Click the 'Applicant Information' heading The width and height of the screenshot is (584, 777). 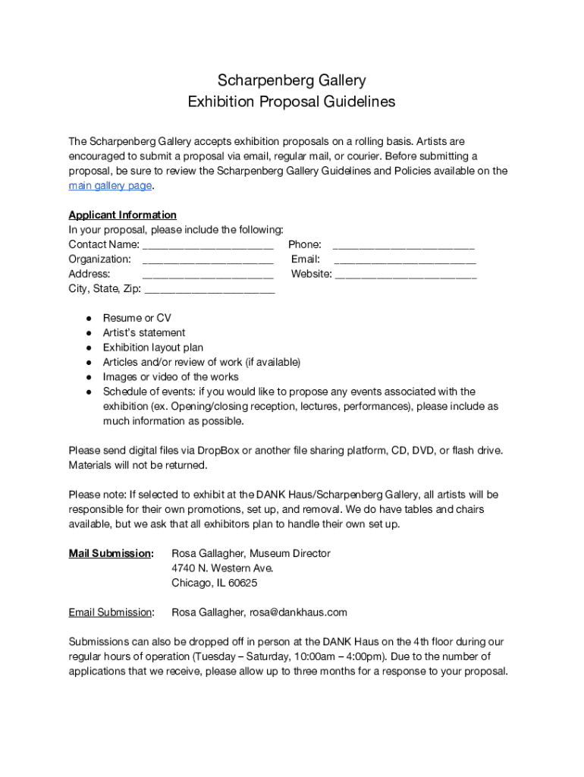pos(122,215)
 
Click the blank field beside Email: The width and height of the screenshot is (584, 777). pos(405,260)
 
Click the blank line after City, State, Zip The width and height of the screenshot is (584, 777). pos(209,290)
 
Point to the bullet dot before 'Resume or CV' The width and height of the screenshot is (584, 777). pos(89,318)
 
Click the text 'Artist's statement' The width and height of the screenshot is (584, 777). pos(144,332)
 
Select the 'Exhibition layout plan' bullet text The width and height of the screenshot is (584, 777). pos(153,348)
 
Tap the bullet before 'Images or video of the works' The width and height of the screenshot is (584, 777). pos(89,377)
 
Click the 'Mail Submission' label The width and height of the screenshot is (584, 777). pos(110,553)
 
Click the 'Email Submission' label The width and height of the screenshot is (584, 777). pos(110,612)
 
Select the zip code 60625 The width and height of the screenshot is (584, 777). pos(242,583)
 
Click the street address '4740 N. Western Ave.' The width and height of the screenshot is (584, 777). pos(222,568)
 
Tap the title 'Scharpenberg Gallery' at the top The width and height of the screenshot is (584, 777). pos(292,80)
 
